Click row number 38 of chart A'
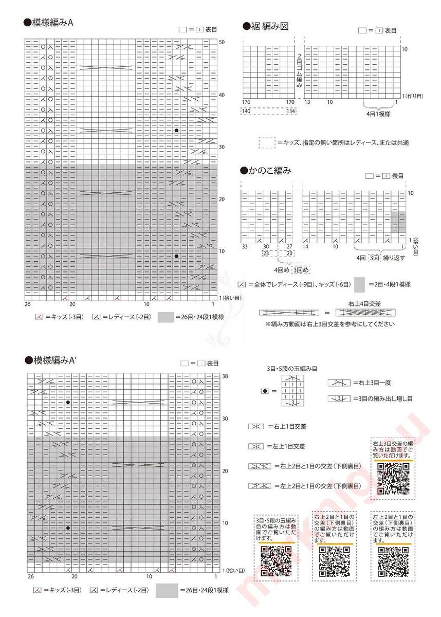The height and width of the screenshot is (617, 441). tap(225, 376)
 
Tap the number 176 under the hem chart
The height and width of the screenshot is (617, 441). tap(246, 102)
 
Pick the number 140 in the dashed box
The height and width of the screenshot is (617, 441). tap(246, 111)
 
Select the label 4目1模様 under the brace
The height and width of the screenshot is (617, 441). tap(378, 114)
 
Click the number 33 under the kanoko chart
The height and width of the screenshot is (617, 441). tap(245, 247)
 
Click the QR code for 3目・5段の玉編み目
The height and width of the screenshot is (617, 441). tap(275, 561)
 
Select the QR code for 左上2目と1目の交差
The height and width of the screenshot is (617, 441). tap(393, 561)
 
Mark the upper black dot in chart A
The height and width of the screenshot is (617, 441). tap(176, 131)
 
